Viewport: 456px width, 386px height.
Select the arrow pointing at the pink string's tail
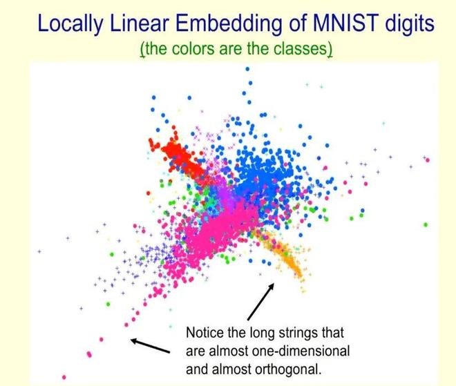[x=149, y=343]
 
